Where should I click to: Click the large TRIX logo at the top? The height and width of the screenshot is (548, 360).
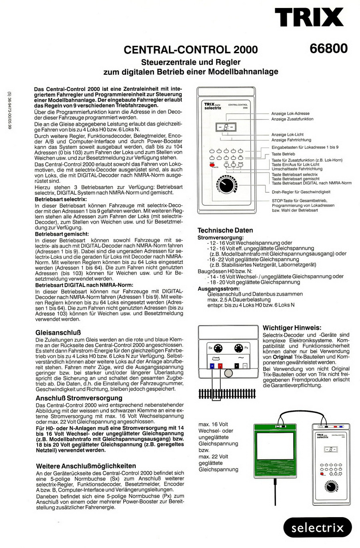[x=308, y=18]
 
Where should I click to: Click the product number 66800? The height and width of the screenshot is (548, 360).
[x=328, y=48]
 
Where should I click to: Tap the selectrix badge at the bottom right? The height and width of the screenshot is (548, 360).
[x=318, y=528]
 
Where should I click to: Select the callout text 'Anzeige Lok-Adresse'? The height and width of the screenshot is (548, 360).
[x=290, y=114]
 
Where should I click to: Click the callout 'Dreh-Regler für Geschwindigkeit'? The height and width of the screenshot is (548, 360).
[x=301, y=192]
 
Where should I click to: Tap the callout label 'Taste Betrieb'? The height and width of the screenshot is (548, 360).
[x=283, y=154]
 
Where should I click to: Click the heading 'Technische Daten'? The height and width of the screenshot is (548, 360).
[x=225, y=230]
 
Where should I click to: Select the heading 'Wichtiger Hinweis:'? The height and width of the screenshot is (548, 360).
[x=292, y=328]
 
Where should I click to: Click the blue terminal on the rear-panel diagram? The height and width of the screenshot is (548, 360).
[x=212, y=365]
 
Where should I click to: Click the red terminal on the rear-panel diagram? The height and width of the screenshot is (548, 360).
[x=220, y=365]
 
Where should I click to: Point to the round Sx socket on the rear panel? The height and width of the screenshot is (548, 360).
[x=218, y=348]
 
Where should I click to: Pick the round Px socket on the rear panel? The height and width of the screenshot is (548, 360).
[x=238, y=348]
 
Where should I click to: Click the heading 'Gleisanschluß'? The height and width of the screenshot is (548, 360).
[x=58, y=332]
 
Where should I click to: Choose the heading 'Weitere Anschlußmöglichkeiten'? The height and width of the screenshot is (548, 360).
[x=86, y=466]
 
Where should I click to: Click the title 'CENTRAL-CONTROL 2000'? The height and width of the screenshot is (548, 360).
[x=191, y=50]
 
